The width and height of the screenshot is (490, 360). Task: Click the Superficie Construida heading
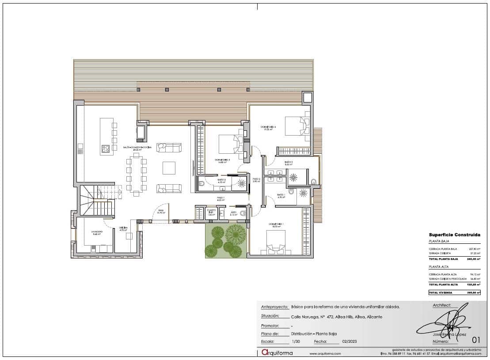[x=454, y=235]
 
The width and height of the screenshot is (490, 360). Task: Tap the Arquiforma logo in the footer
[x=277, y=352]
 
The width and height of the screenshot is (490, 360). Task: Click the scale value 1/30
[x=296, y=341]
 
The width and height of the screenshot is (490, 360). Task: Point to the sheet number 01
[x=476, y=340]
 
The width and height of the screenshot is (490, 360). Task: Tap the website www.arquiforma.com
[x=325, y=353]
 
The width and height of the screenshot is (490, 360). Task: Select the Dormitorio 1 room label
[x=276, y=224]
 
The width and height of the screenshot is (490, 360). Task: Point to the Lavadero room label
[x=97, y=232]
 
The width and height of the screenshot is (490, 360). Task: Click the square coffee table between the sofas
[x=169, y=168]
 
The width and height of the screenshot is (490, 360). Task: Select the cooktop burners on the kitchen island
[x=105, y=149]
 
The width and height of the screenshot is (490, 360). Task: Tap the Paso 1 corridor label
[x=220, y=198]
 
